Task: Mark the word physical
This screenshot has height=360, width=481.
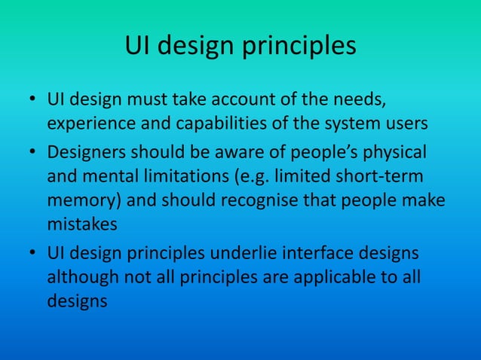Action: [393, 152]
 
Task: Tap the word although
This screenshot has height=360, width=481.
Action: [81, 278]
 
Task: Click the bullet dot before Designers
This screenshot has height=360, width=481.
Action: [32, 153]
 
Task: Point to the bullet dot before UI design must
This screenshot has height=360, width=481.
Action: [32, 101]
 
